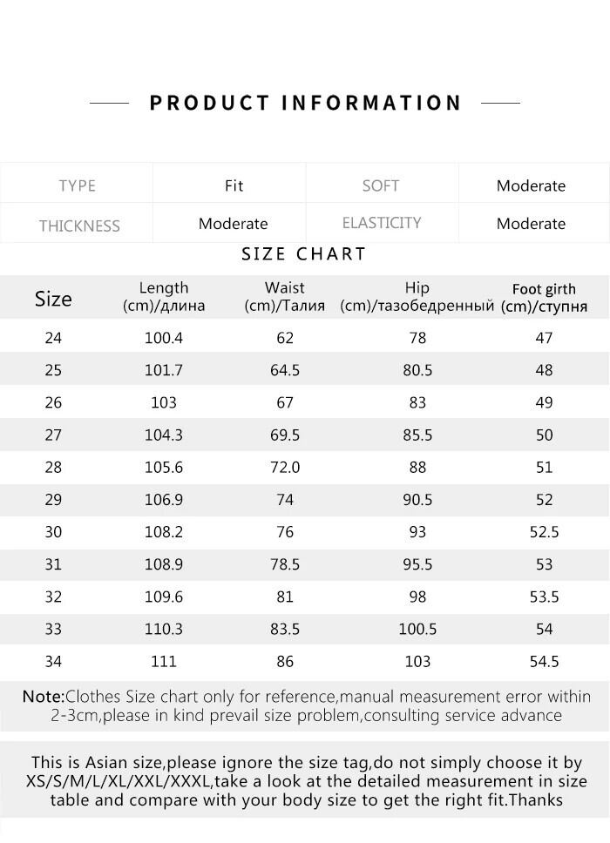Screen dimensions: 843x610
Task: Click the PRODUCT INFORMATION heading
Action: pos(305,103)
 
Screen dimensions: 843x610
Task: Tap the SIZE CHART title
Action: pos(303,254)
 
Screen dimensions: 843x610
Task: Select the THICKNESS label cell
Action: pos(79,226)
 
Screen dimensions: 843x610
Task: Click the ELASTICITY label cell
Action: pos(382,223)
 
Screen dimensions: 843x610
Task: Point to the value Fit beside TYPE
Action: pos(234,185)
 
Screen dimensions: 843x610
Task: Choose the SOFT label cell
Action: pos(381,185)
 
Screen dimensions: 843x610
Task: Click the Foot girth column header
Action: pos(544,297)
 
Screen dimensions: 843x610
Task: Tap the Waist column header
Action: pos(285,296)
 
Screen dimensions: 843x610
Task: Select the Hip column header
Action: pos(417,296)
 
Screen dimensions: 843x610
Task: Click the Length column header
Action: pos(164,296)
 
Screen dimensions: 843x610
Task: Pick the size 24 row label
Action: pos(53,338)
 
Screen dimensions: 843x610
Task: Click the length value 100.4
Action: pos(164,338)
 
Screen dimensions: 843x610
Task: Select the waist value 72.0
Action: pos(285,467)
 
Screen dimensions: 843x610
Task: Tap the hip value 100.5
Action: pos(417,629)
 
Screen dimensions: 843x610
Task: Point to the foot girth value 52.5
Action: pos(544,531)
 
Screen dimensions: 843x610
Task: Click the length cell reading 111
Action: pos(164,662)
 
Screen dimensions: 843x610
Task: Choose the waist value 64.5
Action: pos(285,370)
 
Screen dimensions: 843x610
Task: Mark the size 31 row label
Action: pos(53,564)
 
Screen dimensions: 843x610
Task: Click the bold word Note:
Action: pos(44,697)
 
